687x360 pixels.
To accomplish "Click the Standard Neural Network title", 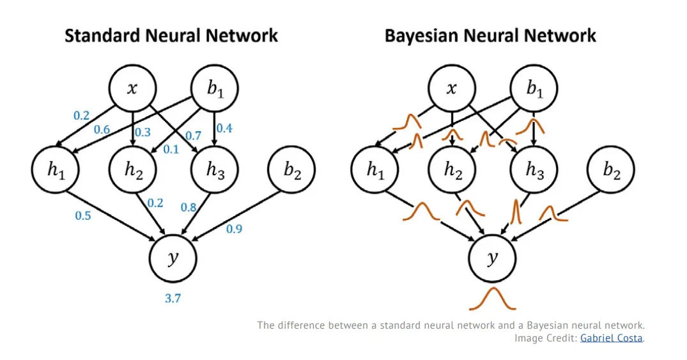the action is pyautogui.click(x=171, y=36).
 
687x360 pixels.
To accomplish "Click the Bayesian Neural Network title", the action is pyautogui.click(x=490, y=36).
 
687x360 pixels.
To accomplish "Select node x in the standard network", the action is pyautogui.click(x=132, y=88).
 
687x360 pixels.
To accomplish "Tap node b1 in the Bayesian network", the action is pyautogui.click(x=534, y=88).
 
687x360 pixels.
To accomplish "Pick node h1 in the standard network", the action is pyautogui.click(x=55, y=169).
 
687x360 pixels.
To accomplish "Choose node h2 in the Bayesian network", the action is pyautogui.click(x=452, y=169).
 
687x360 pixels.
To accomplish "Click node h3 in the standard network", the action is pyautogui.click(x=215, y=169).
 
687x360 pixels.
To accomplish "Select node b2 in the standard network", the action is pyautogui.click(x=291, y=169).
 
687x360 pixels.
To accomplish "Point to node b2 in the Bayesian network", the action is pyautogui.click(x=611, y=169).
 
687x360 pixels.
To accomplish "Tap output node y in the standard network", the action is pyautogui.click(x=173, y=258).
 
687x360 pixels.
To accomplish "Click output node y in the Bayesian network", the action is pyautogui.click(x=493, y=258).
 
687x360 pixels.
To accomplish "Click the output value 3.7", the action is pyautogui.click(x=173, y=299).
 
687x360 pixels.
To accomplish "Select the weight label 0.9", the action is pyautogui.click(x=234, y=229).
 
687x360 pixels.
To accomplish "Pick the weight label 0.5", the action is pyautogui.click(x=83, y=215).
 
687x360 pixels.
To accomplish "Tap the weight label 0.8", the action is pyautogui.click(x=189, y=207).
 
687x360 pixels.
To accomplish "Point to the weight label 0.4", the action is pyautogui.click(x=224, y=128).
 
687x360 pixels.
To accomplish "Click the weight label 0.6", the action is pyautogui.click(x=102, y=130).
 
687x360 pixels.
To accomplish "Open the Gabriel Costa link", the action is pyautogui.click(x=611, y=338).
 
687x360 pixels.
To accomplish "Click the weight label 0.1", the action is pyautogui.click(x=171, y=150).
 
